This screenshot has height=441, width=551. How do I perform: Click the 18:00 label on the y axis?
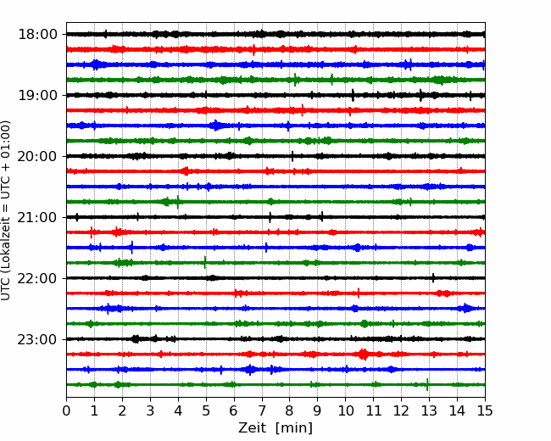[37, 35]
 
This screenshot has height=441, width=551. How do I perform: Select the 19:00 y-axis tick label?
[37, 95]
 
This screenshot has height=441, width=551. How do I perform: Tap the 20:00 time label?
[37, 156]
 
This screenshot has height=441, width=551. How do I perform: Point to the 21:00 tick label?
[37, 217]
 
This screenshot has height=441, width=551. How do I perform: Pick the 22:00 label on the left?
[37, 278]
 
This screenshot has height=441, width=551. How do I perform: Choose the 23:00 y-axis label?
[37, 339]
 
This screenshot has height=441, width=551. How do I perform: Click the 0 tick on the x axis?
[66, 410]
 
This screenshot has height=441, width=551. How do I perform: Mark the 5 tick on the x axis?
[206, 410]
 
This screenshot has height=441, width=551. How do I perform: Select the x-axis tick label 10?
[345, 410]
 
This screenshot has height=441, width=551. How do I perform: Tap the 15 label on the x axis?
[485, 410]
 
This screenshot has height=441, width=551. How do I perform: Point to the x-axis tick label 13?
[429, 410]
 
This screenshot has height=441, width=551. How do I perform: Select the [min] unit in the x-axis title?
[294, 428]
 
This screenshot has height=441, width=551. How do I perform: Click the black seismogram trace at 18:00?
[275, 34]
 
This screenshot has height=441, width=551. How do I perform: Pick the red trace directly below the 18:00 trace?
[275, 49]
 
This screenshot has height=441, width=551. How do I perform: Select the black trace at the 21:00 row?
[275, 217]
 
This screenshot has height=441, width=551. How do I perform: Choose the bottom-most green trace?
[275, 385]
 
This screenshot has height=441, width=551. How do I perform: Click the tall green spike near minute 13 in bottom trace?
[427, 385]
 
